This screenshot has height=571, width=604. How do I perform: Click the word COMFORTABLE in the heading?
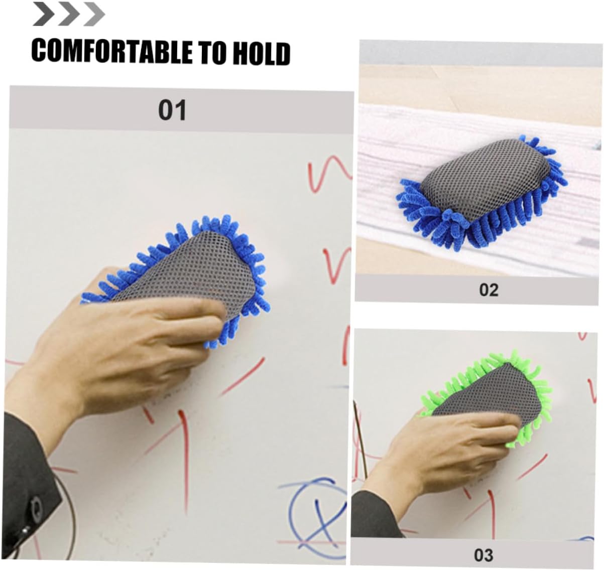pyautogui.click(x=112, y=51)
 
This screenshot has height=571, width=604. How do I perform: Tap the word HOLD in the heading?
pyautogui.click(x=261, y=54)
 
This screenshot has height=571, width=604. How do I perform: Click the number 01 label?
pyautogui.click(x=172, y=110)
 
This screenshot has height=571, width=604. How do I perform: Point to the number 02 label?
pyautogui.click(x=489, y=290)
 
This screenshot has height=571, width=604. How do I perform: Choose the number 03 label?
pyautogui.click(x=484, y=555)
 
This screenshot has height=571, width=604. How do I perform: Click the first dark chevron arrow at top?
pyautogui.click(x=44, y=14)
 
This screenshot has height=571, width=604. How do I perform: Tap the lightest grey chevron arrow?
pyautogui.click(x=94, y=14)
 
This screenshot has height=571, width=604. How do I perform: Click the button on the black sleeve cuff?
pyautogui.click(x=36, y=506)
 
